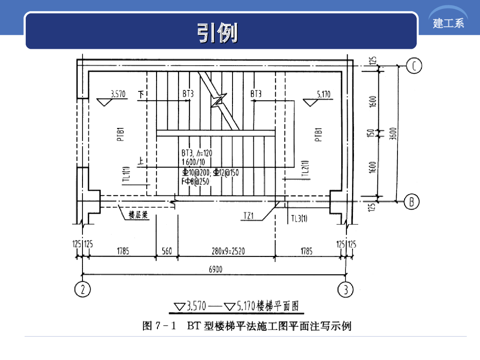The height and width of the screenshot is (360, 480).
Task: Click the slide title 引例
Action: click(217, 33)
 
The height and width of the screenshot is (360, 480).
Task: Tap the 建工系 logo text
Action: click(449, 23)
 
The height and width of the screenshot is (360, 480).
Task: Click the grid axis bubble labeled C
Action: click(413, 66)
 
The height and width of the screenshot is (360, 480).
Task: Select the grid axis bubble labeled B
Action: click(412, 202)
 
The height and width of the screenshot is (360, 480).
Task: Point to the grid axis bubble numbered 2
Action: click(82, 289)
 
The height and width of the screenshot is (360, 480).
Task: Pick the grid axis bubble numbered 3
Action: click(346, 289)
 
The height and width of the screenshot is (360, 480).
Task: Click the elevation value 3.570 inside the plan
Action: click(118, 94)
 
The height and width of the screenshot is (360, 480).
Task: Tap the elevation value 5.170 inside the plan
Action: click(323, 94)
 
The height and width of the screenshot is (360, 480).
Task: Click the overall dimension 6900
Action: click(215, 269)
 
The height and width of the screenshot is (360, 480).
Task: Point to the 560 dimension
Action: click(167, 252)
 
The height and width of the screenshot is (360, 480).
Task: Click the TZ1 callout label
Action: click(248, 216)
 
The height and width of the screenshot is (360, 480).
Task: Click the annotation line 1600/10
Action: click(196, 162)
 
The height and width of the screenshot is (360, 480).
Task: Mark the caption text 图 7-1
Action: click(158, 325)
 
